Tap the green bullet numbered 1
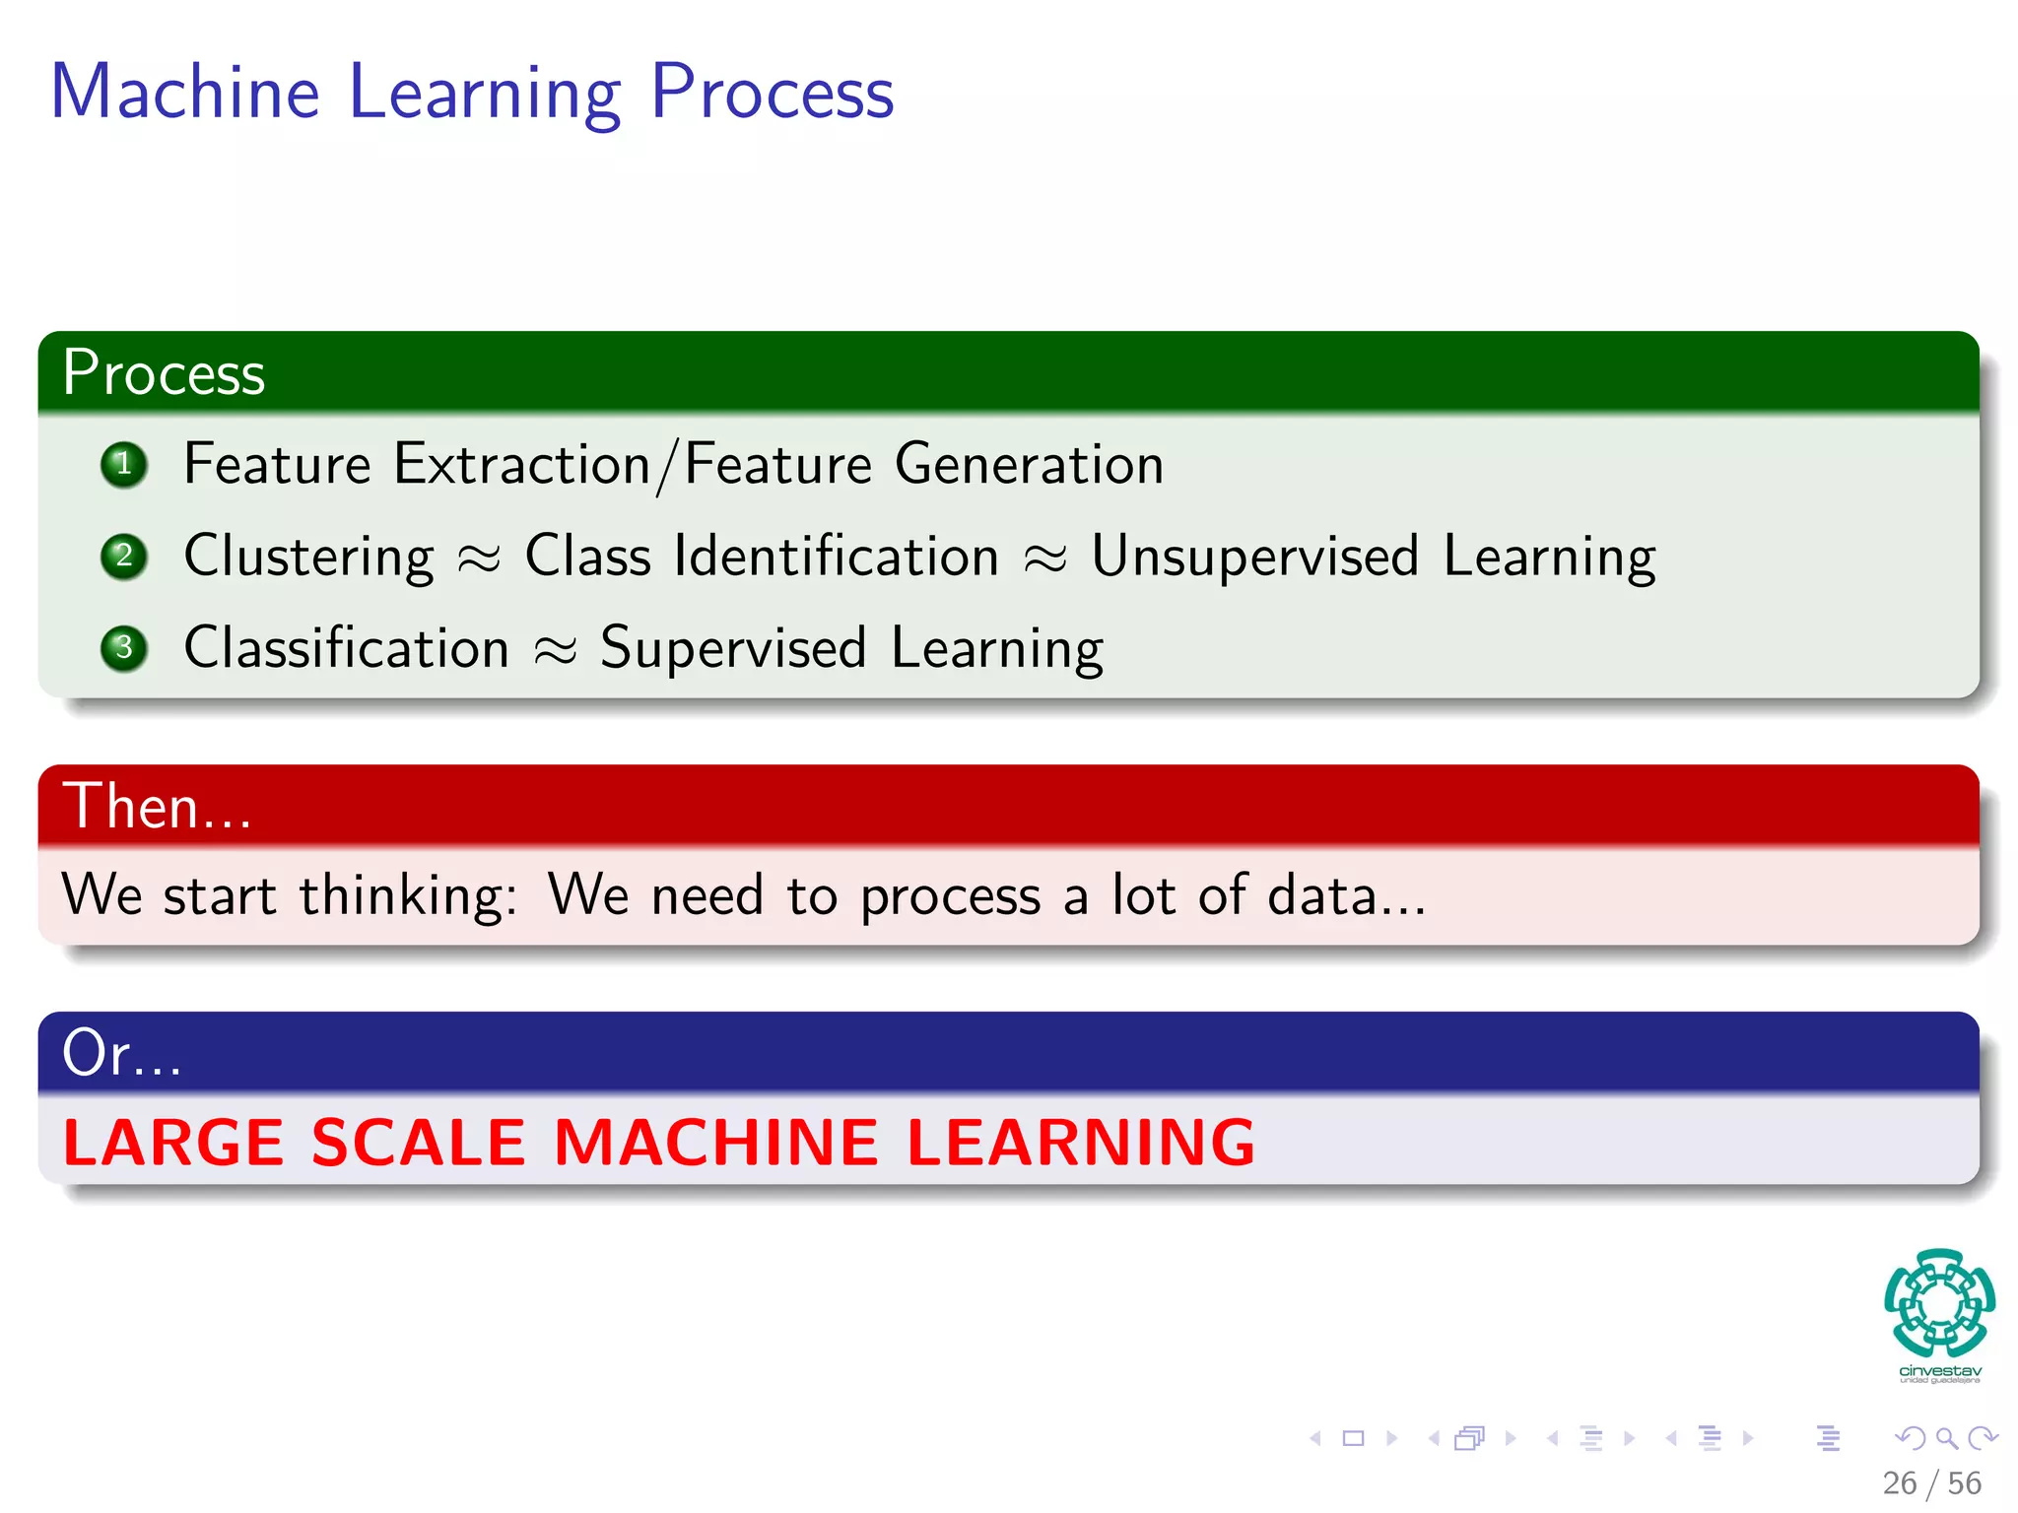pos(124,464)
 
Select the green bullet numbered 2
pos(124,556)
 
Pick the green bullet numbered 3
pos(124,647)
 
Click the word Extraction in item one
pos(521,464)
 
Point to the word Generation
pos(1029,464)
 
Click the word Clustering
pos(308,557)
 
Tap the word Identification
pos(837,556)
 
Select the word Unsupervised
pos(1254,556)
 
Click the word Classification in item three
pos(346,647)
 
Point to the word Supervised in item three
pos(733,647)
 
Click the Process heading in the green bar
pos(164,373)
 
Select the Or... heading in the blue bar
pos(121,1052)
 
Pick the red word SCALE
pos(418,1143)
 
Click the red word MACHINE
pos(715,1143)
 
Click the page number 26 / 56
pos(1931,1483)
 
